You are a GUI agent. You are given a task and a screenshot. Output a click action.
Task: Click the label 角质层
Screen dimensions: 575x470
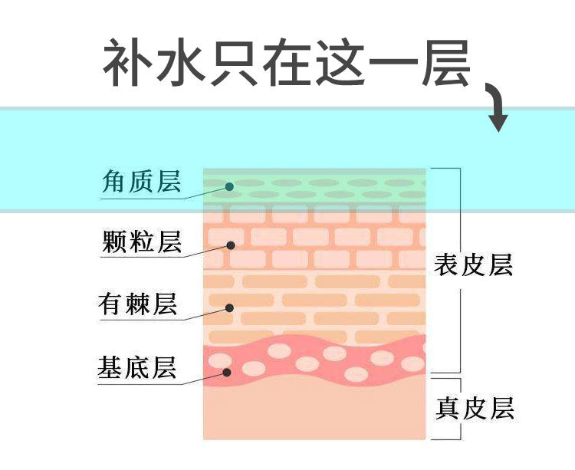tap(142, 182)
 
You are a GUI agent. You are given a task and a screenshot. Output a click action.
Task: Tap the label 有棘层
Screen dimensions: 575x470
tap(138, 304)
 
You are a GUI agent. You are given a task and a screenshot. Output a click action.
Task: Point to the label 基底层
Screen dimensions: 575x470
tap(138, 367)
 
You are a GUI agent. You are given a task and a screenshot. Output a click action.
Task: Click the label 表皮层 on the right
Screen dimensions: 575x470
tap(473, 265)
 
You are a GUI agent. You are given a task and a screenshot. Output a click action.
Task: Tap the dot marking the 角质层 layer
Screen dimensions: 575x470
tap(228, 186)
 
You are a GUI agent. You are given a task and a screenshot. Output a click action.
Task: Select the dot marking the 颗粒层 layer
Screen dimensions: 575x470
tap(229, 245)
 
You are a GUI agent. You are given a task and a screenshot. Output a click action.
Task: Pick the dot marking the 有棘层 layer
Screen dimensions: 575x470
tap(228, 308)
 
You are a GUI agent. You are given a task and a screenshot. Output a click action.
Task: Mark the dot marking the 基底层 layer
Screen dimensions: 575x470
tap(228, 372)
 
